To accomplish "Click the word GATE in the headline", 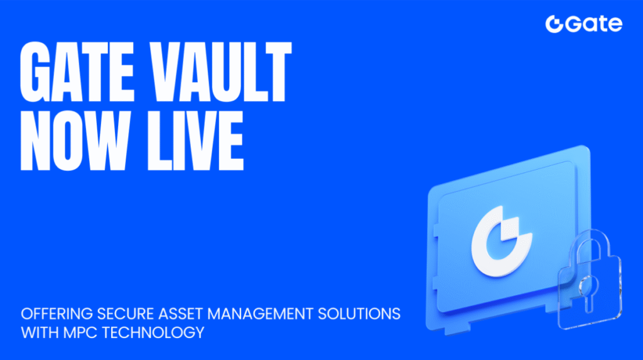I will tap(75, 70).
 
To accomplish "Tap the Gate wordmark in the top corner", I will tap(593, 25).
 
